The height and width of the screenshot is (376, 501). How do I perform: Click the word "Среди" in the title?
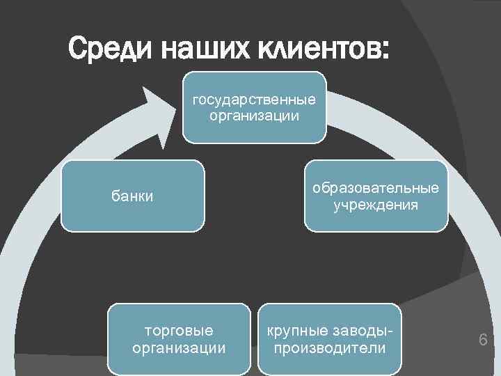[111, 49]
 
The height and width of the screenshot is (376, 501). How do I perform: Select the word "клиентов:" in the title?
[324, 49]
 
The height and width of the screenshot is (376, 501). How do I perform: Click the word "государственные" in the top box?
[254, 100]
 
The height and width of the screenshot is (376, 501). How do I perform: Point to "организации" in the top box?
[254, 116]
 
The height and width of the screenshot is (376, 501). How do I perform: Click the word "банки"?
[132, 197]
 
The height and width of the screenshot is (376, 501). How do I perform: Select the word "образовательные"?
[376, 189]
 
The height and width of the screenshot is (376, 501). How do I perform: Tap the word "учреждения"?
[376, 205]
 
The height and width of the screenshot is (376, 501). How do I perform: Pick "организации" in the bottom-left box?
[179, 347]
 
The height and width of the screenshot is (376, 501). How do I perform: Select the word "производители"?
[330, 347]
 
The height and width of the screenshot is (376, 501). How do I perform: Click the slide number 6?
[482, 340]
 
